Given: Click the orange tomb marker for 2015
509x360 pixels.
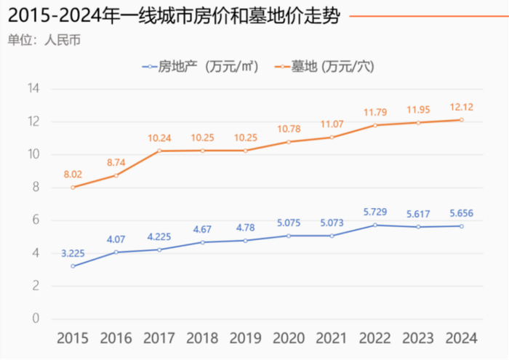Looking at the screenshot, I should coord(73,187).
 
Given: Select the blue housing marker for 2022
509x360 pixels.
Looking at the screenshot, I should coord(374,225).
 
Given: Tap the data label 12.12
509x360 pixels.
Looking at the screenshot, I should coord(460,108).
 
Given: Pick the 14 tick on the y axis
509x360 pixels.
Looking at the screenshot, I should coord(33,89).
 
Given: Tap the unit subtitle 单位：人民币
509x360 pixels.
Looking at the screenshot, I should coord(44,39).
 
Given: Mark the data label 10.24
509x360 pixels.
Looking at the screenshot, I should coord(159,138).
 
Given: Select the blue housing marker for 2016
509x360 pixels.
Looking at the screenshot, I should coord(116,252).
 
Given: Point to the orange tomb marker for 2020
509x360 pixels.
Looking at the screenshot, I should coord(288,142).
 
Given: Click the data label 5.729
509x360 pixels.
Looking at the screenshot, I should coord(374,212).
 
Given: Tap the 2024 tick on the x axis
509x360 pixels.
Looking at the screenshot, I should coord(461,338).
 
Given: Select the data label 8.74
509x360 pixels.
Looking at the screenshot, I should coord(116,162).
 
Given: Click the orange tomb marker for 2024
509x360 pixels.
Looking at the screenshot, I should coord(461,120).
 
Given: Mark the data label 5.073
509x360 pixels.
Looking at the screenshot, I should coord(332,223).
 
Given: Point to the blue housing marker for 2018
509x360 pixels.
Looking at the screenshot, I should coord(202,242).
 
